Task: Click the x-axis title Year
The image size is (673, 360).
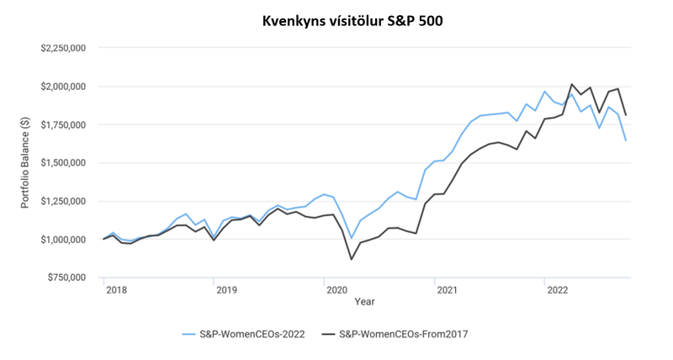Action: click(364, 301)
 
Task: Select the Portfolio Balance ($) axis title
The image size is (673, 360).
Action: click(26, 162)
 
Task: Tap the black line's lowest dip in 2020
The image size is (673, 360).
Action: click(352, 259)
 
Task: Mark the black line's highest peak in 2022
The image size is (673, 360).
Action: click(572, 84)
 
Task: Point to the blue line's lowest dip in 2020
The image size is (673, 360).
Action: click(352, 239)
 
